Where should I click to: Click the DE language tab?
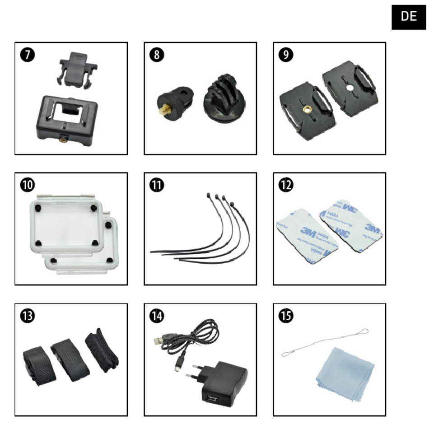(x=409, y=17)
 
